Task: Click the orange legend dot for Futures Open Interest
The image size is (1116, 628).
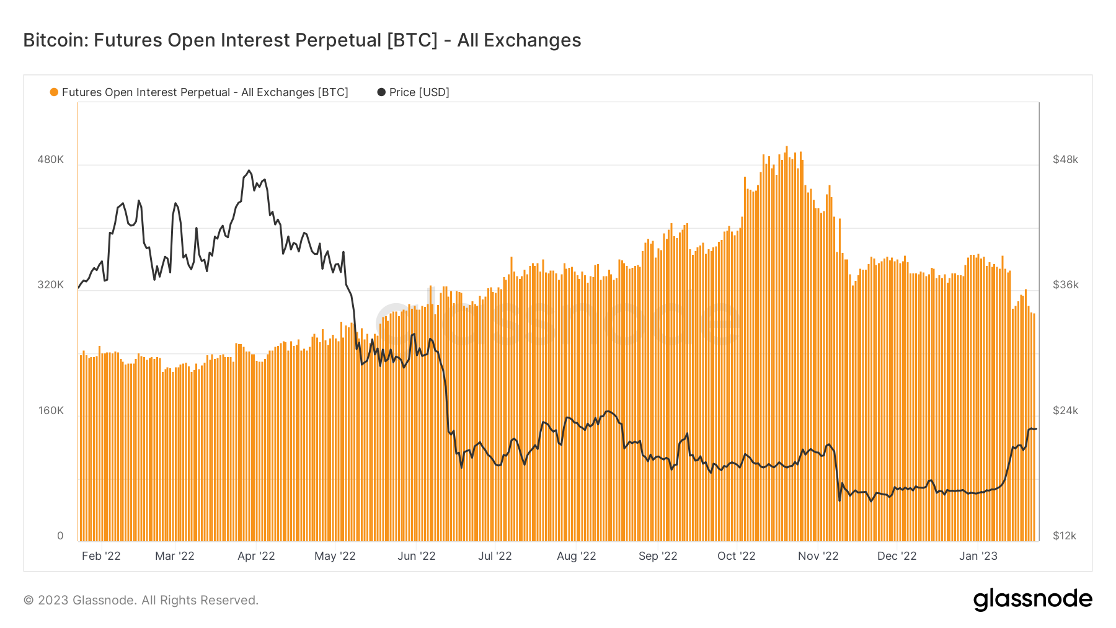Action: (x=54, y=92)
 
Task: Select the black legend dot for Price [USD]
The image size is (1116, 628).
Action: (x=381, y=92)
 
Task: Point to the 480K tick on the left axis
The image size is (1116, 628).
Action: (x=50, y=159)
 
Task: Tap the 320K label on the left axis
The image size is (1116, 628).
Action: (x=50, y=285)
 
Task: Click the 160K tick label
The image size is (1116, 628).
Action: (x=50, y=410)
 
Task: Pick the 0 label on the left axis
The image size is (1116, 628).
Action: (x=60, y=536)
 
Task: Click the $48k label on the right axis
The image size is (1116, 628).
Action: (x=1065, y=159)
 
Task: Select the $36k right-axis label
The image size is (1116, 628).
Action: (x=1065, y=285)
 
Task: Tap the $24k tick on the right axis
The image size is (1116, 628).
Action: (x=1065, y=410)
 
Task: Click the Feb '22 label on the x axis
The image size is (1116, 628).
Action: (x=101, y=556)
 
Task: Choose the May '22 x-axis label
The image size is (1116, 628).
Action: (x=335, y=556)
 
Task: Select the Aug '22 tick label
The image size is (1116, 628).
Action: (x=576, y=556)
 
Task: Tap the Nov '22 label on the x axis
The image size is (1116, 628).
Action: (x=818, y=556)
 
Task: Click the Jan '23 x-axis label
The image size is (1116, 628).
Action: (x=978, y=556)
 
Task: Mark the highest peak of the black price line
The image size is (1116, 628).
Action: (x=249, y=170)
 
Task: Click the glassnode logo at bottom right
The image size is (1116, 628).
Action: (x=1032, y=599)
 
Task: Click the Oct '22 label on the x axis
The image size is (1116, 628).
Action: (x=736, y=556)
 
